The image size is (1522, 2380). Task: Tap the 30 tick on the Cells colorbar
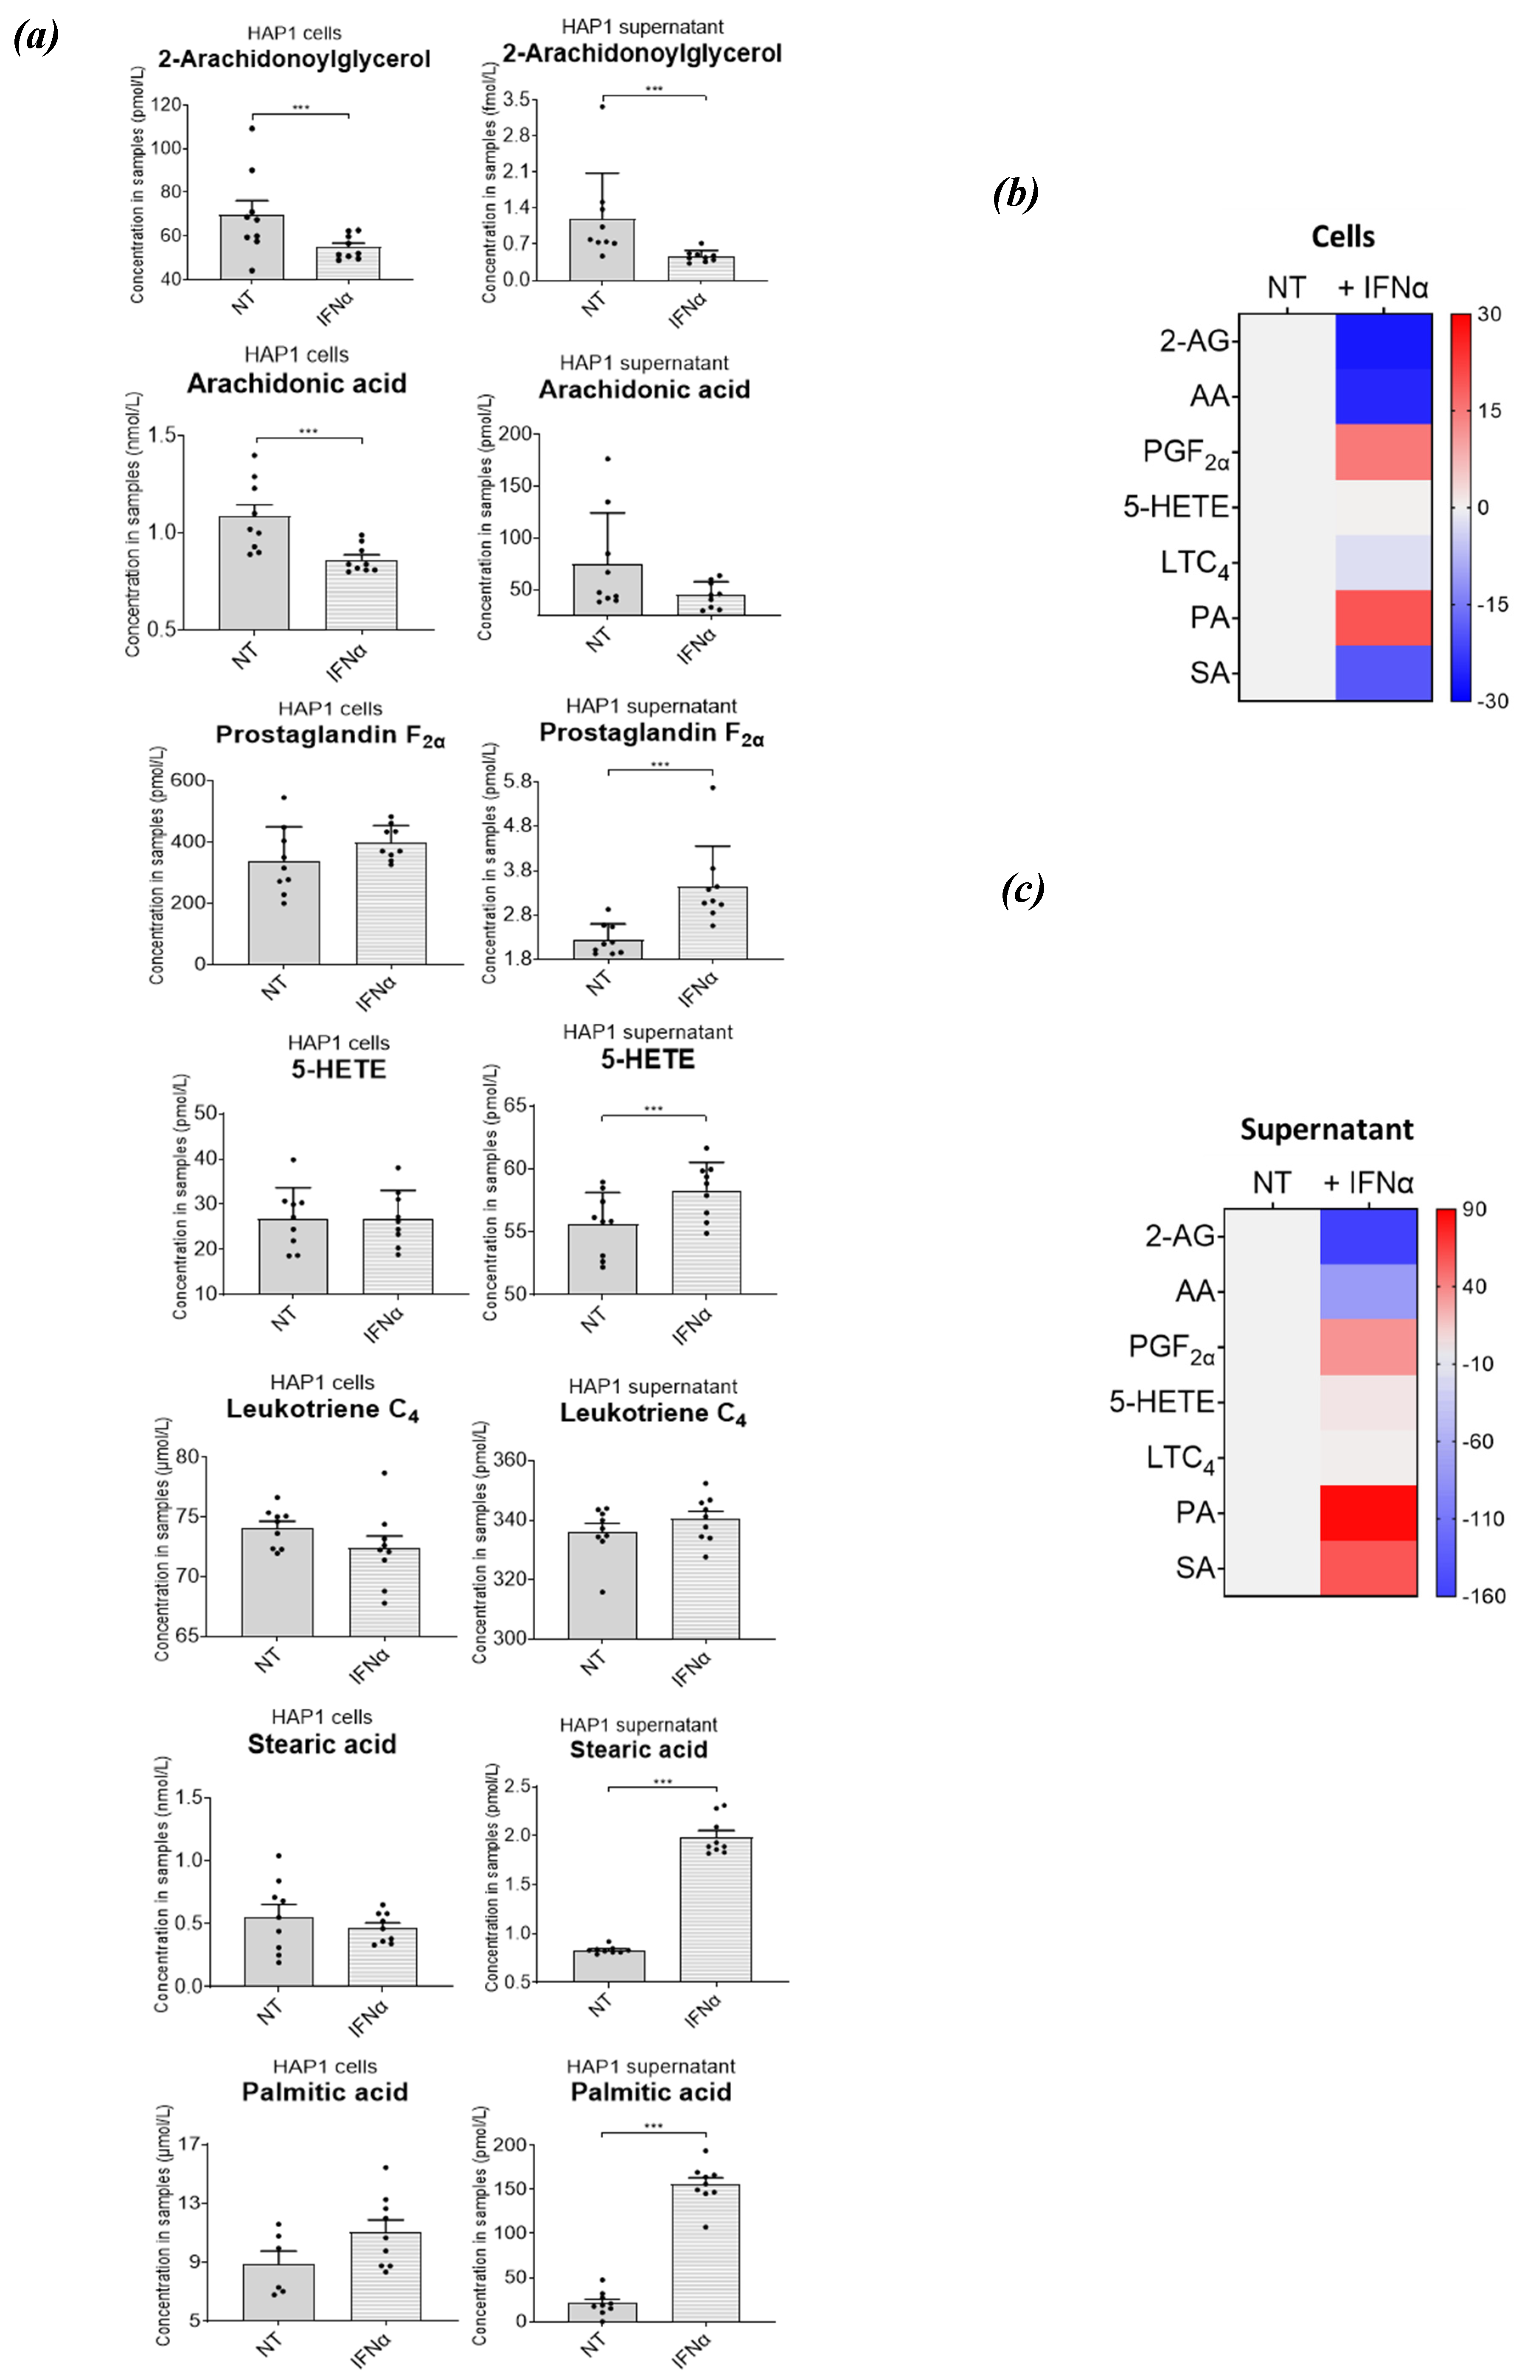(1488, 314)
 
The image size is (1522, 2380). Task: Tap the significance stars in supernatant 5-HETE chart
(653, 1109)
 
